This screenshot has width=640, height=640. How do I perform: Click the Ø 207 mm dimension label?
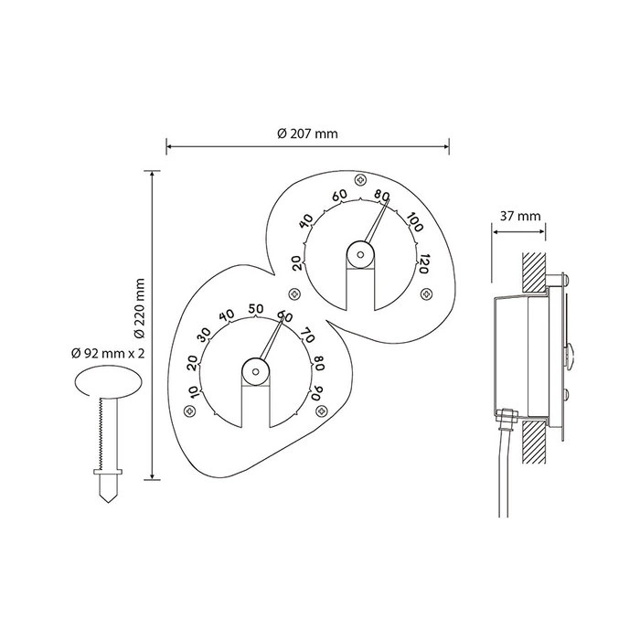(x=307, y=133)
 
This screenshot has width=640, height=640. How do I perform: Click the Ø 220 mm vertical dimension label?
(x=140, y=308)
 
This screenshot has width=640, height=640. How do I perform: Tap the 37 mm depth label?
(x=520, y=216)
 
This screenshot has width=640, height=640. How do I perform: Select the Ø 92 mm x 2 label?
(x=108, y=353)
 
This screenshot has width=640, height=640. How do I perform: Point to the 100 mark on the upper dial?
(x=415, y=222)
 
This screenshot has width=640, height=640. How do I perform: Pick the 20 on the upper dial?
(x=298, y=263)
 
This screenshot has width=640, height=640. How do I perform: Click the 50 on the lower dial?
(x=256, y=309)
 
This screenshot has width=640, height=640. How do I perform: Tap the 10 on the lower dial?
(x=194, y=392)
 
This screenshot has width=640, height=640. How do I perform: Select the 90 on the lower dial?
(x=316, y=392)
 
